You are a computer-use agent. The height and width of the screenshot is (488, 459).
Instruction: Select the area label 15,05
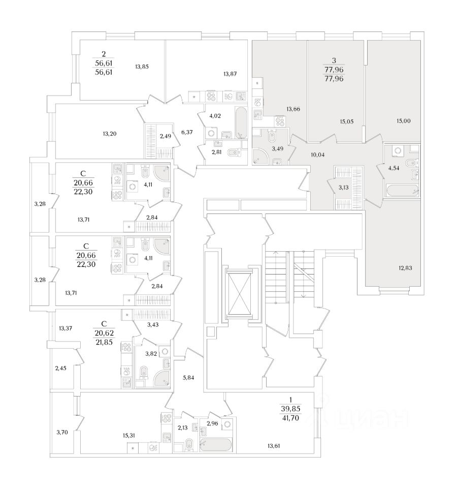point(347,121)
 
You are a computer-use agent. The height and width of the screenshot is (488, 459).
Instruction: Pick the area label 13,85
point(145,67)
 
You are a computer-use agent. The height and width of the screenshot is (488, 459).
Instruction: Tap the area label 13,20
point(110,134)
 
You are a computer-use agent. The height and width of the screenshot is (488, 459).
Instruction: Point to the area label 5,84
point(188,378)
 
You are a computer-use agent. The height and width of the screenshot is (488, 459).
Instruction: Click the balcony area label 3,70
point(61,433)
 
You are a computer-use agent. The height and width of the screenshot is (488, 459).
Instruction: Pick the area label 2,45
point(61,368)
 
